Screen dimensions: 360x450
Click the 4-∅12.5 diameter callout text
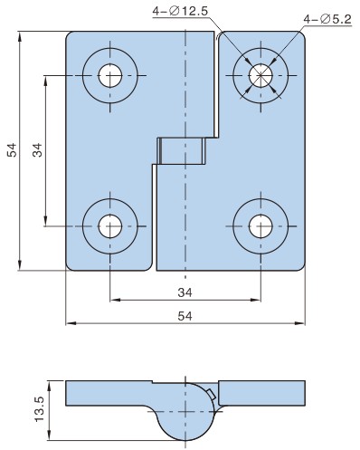180,11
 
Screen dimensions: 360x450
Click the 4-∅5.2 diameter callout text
327,19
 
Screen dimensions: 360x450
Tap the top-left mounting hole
110,75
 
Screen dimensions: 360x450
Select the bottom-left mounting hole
110,226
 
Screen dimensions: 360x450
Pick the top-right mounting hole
261,75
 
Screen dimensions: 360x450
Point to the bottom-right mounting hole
261,226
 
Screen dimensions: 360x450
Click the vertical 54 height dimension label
13,150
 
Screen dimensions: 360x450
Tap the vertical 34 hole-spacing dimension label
38,150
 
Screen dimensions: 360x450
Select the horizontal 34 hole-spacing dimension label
185,292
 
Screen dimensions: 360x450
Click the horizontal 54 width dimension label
185,316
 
